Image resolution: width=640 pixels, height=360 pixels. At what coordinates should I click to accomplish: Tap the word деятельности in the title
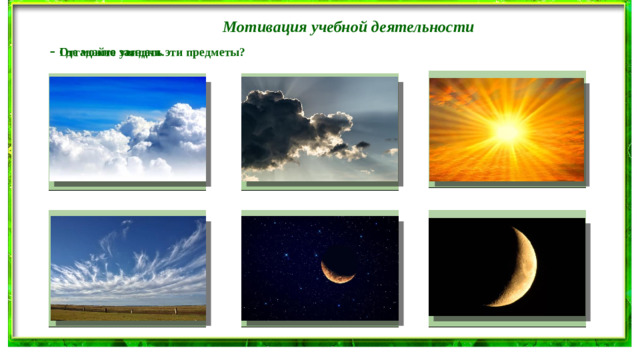click(419, 27)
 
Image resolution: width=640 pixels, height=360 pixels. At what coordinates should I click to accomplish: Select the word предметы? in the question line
click(219, 52)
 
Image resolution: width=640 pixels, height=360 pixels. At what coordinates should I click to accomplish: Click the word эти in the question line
click(178, 52)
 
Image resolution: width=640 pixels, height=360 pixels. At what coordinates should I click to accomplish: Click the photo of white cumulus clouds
click(128, 129)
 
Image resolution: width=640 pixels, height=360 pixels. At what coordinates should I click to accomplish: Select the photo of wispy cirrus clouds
click(128, 267)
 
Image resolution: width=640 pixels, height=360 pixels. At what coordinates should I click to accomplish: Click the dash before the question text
click(52, 51)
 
